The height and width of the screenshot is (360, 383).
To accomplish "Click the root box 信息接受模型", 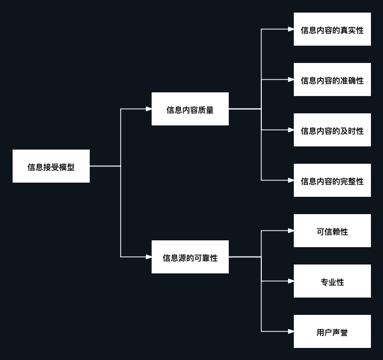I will (x=51, y=166).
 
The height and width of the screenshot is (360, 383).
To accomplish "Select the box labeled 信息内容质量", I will (x=190, y=109).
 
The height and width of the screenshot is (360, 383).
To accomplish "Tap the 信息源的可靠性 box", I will (x=190, y=257).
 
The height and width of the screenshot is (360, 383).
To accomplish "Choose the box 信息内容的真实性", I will (x=332, y=29).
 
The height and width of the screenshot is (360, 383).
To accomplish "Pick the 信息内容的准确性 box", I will (x=332, y=80).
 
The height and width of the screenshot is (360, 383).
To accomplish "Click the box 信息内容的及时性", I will (x=332, y=130).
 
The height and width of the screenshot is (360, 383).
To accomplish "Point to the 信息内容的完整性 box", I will (x=332, y=181).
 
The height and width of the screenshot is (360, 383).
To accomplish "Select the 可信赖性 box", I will (x=332, y=231).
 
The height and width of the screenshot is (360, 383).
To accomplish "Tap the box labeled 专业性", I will (x=332, y=281).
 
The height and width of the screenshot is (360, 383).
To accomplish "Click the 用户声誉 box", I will (x=332, y=332).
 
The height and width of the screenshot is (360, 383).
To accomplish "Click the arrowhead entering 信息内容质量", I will (x=148, y=109).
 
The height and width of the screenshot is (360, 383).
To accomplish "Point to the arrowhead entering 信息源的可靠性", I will (x=148, y=257).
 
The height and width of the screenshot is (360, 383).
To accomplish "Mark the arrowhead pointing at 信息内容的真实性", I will (x=291, y=29).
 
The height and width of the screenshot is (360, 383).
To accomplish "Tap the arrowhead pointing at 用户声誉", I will (x=291, y=332).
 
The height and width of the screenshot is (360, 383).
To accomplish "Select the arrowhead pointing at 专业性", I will (x=291, y=281).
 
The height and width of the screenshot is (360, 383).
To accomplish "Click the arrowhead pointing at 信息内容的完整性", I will (x=291, y=181).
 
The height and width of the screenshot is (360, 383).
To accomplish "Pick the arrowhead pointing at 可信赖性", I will (x=291, y=231).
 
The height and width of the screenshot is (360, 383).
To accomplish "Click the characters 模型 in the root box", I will (x=67, y=167).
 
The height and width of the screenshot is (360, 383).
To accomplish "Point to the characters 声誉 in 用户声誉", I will (x=340, y=333).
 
